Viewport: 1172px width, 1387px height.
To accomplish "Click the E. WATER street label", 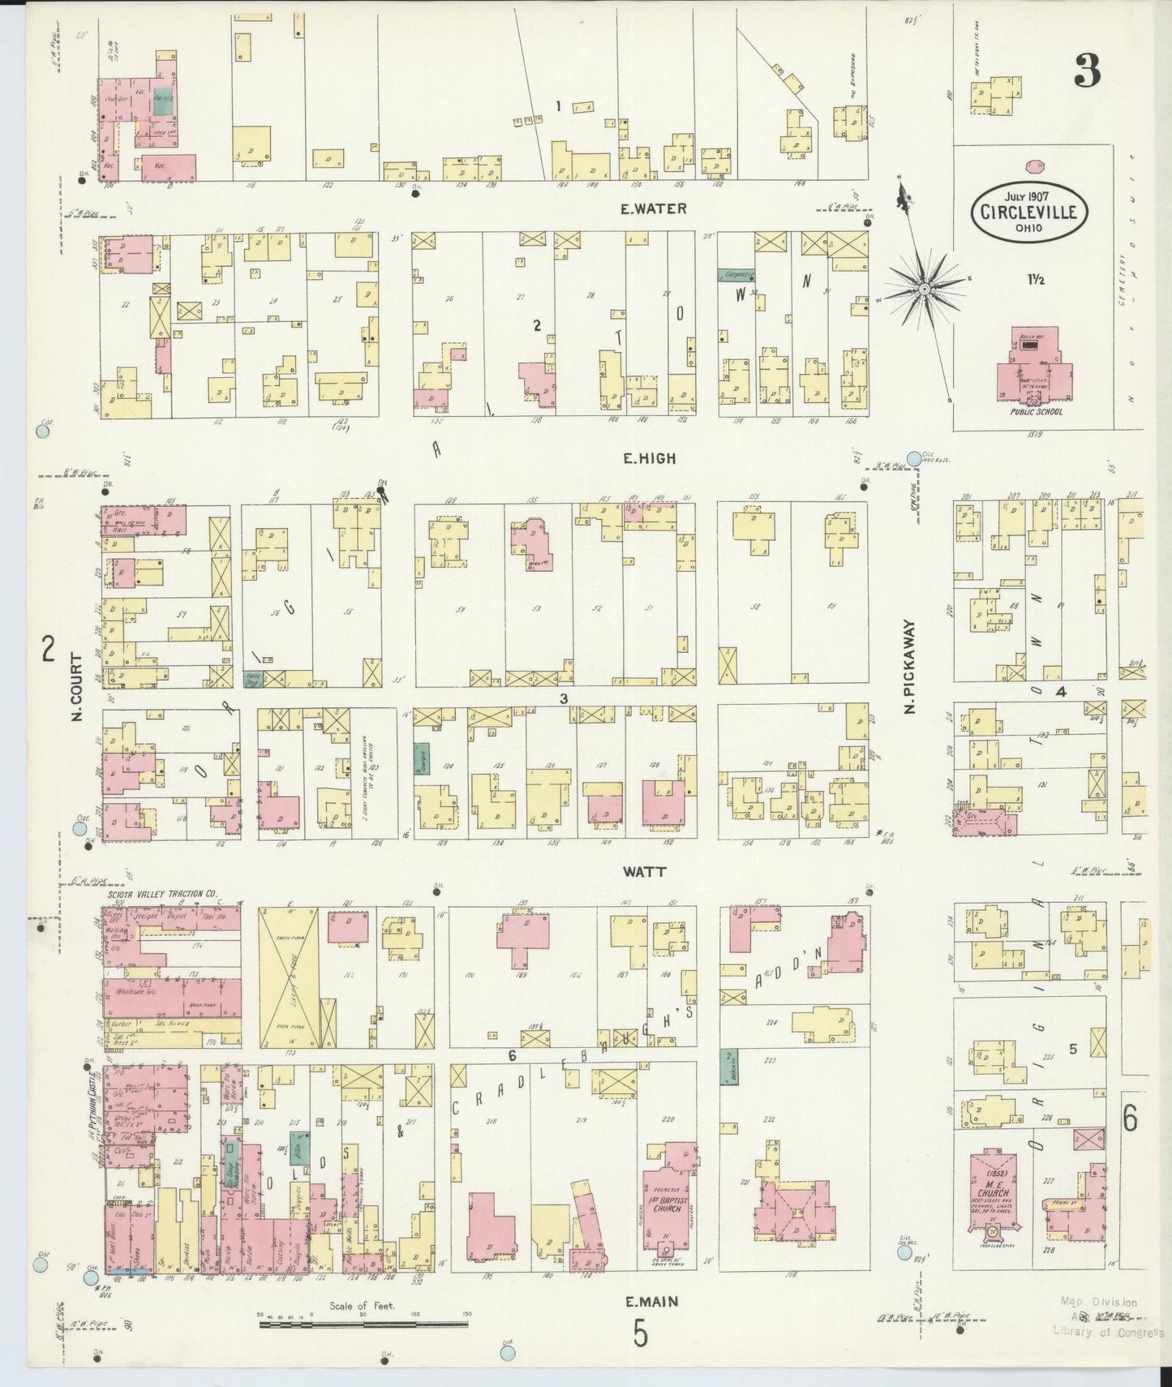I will point(653,208).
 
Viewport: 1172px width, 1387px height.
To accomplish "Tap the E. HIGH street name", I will point(649,458).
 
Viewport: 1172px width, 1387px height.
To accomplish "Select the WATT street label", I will point(645,872).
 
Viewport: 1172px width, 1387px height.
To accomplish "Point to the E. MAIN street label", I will point(652,1303).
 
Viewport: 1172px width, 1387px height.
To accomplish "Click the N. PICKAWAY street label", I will point(909,668).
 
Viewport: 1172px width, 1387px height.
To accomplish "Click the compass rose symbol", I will point(924,288).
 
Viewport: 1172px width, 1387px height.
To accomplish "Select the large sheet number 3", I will point(1087,72).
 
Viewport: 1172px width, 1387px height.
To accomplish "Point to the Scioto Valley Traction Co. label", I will point(162,894).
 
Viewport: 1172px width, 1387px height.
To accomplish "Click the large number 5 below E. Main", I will point(641,1334).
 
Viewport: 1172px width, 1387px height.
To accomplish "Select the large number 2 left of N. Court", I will point(49,649).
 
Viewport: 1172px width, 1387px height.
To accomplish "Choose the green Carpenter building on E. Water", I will point(736,275).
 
